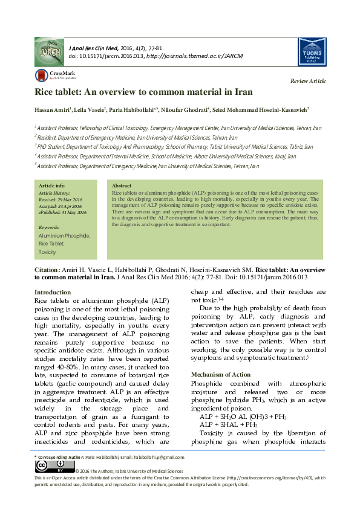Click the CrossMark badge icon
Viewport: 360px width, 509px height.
pos(41,75)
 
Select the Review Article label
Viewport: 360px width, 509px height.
pos(308,81)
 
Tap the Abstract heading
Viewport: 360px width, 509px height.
pos(122,186)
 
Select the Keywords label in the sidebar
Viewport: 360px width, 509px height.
pos(49,227)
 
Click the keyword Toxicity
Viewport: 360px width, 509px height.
pos(47,251)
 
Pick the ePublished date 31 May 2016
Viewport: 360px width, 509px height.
pos(63,212)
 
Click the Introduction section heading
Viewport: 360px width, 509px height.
pos(53,292)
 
